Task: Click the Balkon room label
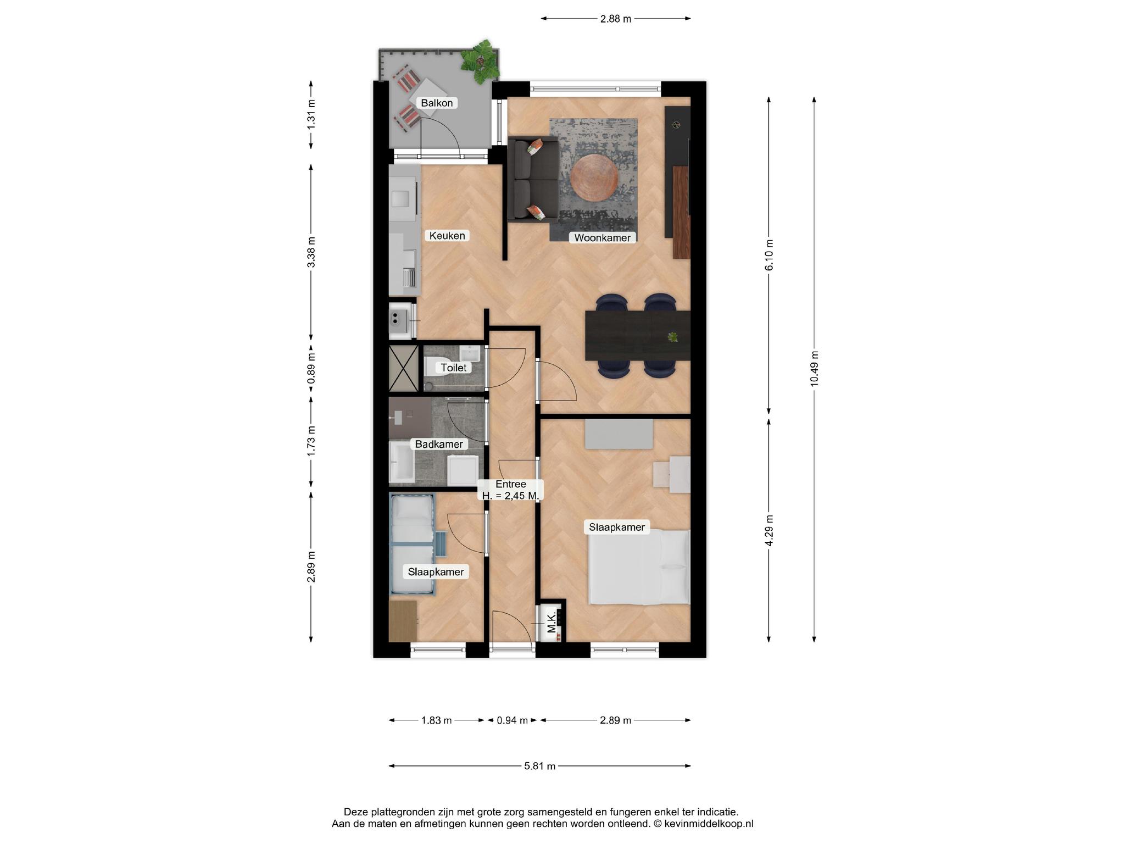click(437, 103)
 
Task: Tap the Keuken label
click(447, 236)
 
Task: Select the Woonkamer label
click(603, 238)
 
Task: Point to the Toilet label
click(454, 368)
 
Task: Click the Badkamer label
click(439, 444)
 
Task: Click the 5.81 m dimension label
click(540, 766)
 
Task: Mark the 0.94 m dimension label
click(512, 720)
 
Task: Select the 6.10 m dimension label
click(769, 255)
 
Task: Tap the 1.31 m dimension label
click(311, 114)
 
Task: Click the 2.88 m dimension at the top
click(616, 19)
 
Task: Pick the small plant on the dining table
click(672, 337)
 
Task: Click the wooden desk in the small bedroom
click(403, 621)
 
